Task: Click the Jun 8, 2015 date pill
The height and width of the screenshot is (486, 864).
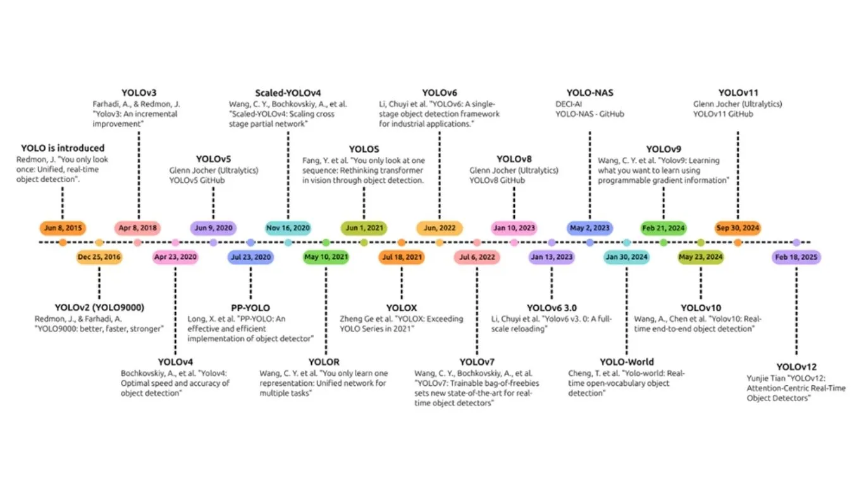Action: (x=63, y=228)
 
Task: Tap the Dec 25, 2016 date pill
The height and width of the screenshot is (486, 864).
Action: (x=99, y=257)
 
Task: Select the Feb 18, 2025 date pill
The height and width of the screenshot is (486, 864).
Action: (x=796, y=257)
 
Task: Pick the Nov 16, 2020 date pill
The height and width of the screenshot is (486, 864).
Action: (x=288, y=228)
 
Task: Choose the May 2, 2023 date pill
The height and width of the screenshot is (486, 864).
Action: (x=589, y=228)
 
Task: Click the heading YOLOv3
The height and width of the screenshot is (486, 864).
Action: (x=139, y=92)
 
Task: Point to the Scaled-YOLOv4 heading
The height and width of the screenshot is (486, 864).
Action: (x=288, y=93)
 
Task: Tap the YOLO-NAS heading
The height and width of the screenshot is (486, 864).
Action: (x=589, y=92)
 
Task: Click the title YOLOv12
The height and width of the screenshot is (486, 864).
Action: (x=796, y=367)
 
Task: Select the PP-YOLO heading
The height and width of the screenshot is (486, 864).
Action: (x=250, y=308)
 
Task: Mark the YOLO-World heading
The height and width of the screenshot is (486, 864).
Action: (x=627, y=362)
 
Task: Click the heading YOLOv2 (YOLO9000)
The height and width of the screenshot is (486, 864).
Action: (x=99, y=308)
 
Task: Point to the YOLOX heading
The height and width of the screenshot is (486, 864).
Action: (x=402, y=308)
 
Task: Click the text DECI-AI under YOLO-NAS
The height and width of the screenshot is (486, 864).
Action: (x=569, y=104)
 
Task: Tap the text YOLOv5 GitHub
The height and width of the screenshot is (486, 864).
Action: (x=197, y=180)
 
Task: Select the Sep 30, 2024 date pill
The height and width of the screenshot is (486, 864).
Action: (x=737, y=228)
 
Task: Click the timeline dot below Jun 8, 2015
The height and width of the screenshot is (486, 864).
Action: (x=63, y=242)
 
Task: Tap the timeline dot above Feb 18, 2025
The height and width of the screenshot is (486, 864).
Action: (x=796, y=242)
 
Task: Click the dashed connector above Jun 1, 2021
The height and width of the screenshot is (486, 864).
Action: (x=364, y=203)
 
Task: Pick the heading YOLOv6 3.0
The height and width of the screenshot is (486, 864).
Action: (x=552, y=308)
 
